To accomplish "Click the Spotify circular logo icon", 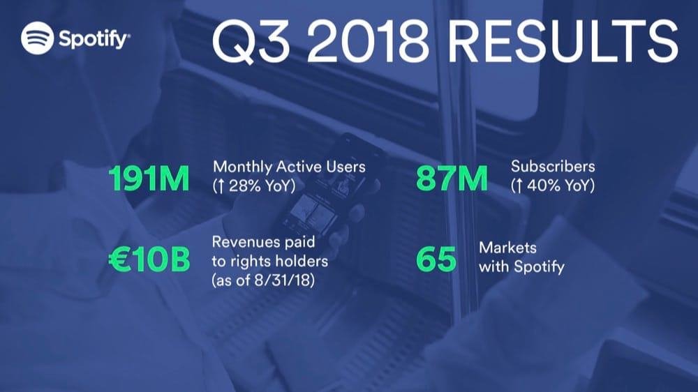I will (38, 38).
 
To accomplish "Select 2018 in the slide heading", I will (371, 43).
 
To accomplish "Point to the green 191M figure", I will (149, 179).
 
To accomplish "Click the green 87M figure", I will (452, 179).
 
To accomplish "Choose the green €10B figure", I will (149, 260).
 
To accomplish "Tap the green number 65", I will (436, 260).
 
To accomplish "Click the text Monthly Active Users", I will (289, 167).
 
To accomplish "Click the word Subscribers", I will (553, 167).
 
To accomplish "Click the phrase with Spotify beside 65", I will (521, 266).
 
